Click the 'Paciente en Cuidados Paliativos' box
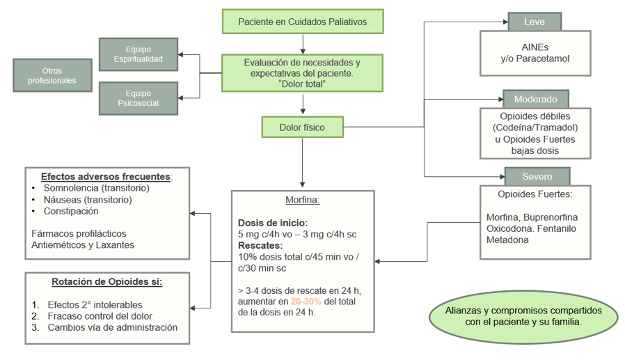(x=302, y=22)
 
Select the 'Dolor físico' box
(x=302, y=127)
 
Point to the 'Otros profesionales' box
(x=52, y=75)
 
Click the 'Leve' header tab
(x=534, y=22)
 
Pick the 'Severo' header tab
(x=537, y=176)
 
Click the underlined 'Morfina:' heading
(x=303, y=200)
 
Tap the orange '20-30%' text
(x=306, y=302)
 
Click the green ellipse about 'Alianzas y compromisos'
(x=523, y=316)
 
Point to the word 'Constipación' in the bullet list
(x=71, y=211)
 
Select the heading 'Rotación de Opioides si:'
(x=106, y=282)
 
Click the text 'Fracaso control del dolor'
(x=100, y=316)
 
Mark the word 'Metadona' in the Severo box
(x=507, y=240)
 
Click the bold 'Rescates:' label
(x=260, y=245)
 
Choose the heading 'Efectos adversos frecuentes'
(x=105, y=176)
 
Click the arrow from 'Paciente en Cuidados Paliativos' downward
(x=302, y=43)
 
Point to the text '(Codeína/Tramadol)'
(x=535, y=127)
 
